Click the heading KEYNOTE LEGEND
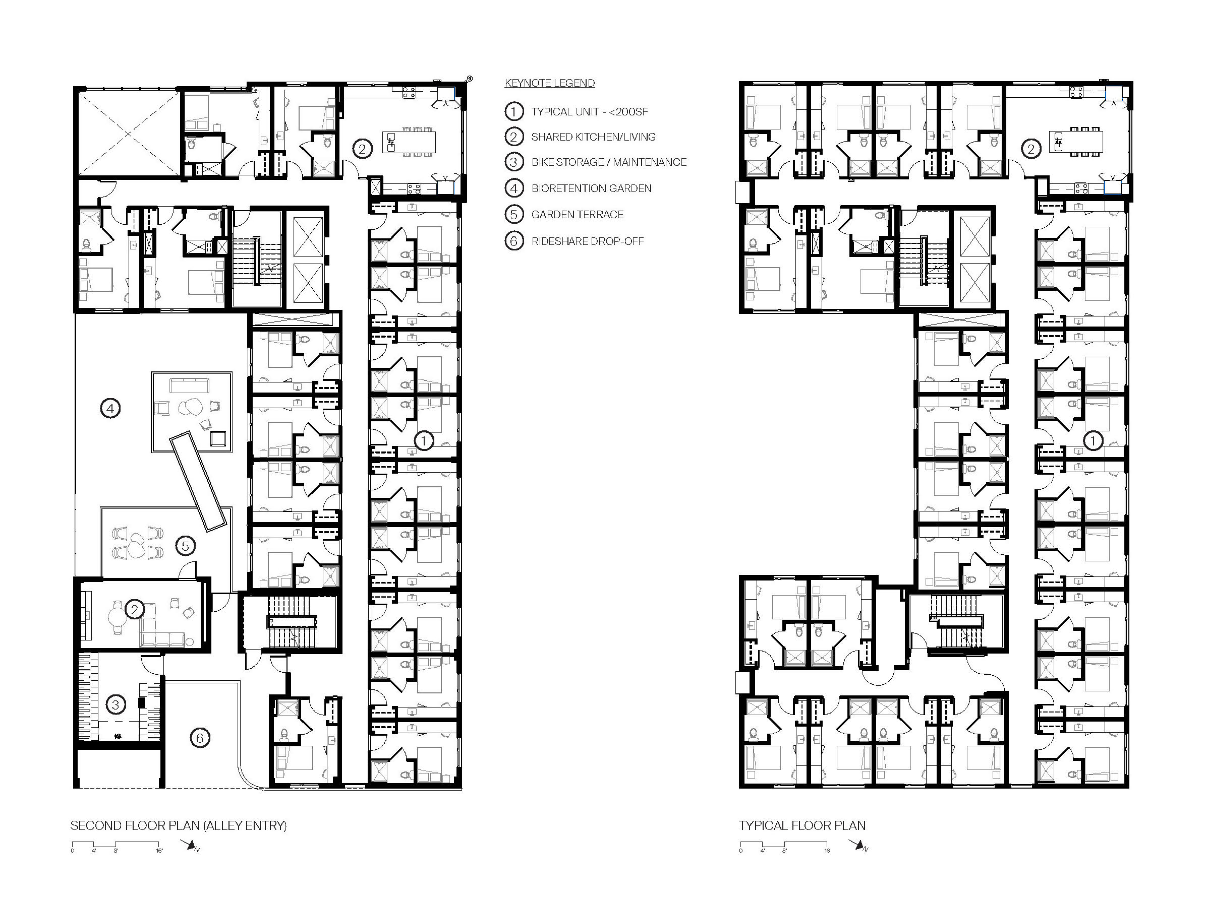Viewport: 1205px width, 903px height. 550,83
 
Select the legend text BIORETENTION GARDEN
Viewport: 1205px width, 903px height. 592,188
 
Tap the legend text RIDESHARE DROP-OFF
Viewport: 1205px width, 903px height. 588,241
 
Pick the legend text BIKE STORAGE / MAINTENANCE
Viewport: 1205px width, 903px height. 609,162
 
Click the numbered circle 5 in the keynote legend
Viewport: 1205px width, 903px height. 513,215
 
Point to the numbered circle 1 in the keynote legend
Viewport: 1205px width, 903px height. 513,111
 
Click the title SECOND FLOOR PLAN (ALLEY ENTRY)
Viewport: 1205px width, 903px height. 179,826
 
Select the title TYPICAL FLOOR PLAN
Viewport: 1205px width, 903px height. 802,826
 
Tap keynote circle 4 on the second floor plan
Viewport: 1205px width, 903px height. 110,408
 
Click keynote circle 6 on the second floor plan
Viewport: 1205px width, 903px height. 200,738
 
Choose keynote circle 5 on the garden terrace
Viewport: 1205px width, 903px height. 185,545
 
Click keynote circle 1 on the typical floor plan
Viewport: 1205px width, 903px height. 1093,441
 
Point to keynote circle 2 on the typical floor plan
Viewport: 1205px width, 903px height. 1030,148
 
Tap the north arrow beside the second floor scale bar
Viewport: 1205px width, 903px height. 191,846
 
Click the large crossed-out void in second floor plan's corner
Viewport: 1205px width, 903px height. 128,134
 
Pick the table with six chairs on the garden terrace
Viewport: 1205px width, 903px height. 137,543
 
